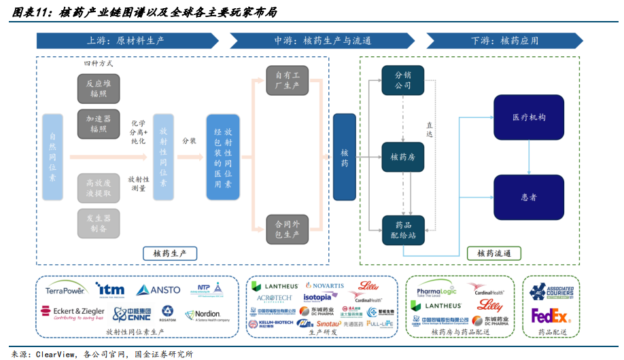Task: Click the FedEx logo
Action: (x=551, y=317)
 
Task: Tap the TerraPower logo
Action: (x=65, y=290)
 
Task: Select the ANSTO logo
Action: (x=158, y=290)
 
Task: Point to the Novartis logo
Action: (x=325, y=286)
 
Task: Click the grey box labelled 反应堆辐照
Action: (x=98, y=88)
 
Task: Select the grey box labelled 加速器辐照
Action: (x=98, y=124)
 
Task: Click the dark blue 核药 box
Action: (x=344, y=157)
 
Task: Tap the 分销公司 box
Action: (x=402, y=82)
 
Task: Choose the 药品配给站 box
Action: (x=402, y=230)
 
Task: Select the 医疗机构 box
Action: (x=528, y=118)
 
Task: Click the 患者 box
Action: (x=528, y=197)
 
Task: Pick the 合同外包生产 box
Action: (x=287, y=229)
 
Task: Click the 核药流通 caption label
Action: (x=494, y=253)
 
